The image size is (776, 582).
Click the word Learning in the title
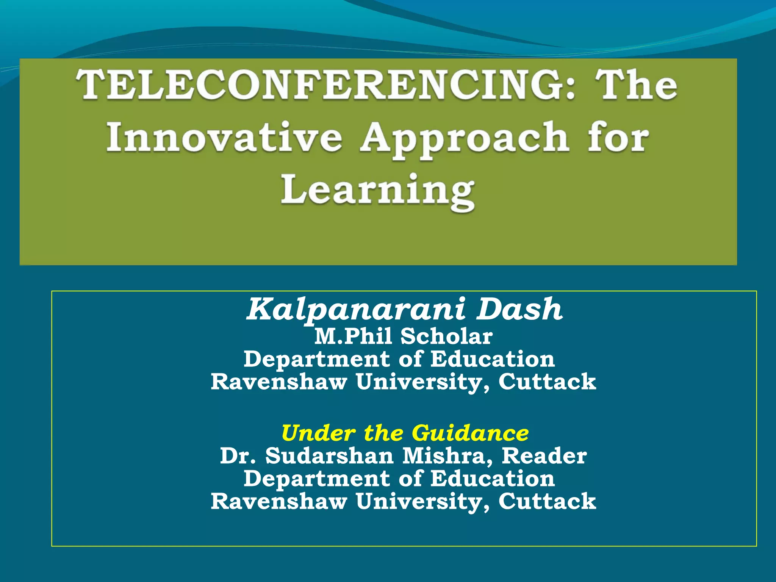tap(377, 191)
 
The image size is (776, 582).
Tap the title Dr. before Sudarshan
tap(238, 456)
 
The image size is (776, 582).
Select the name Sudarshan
tap(329, 456)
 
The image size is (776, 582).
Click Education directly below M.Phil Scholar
tap(493, 359)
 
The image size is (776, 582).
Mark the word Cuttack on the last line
tap(547, 501)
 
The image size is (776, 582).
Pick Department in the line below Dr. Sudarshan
tap(316, 479)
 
